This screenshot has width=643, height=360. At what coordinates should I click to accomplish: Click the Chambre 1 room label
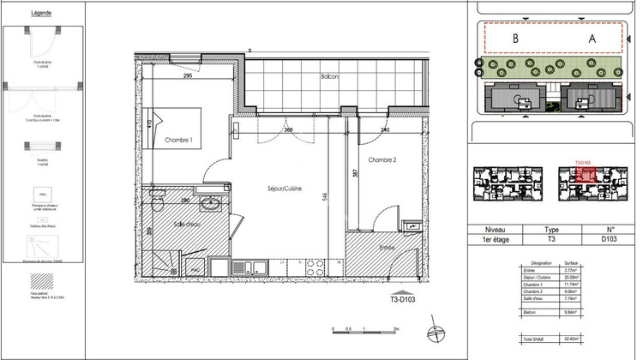pos(178,140)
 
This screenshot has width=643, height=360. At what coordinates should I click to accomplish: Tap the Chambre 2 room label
pos(386,160)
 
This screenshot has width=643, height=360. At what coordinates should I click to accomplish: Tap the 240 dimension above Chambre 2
pos(385,130)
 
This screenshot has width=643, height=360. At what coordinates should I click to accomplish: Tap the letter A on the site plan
pos(592,39)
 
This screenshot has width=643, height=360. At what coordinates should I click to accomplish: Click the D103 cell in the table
pos(610,241)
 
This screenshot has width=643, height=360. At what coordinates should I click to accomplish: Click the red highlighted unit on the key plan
pos(585,174)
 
